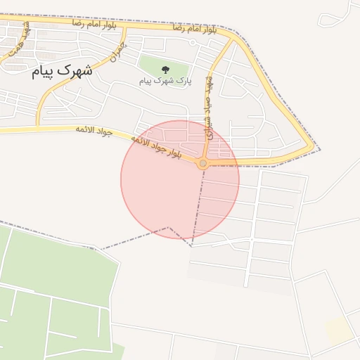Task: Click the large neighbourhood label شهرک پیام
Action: [x=62, y=70]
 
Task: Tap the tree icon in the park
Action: [x=165, y=69]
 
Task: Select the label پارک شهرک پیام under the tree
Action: [x=165, y=81]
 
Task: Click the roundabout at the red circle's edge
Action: [x=203, y=163]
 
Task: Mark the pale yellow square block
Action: [x=339, y=330]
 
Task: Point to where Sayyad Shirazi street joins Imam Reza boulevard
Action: [x=231, y=39]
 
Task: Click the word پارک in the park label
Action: [x=184, y=81]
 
